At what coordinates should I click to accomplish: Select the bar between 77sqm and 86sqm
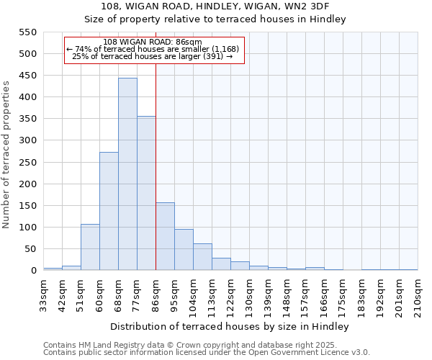(x=146, y=193)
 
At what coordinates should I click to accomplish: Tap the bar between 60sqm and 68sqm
(x=109, y=211)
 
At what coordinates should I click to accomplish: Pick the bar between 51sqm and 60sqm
(x=90, y=247)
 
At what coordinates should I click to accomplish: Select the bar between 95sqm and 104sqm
(x=184, y=250)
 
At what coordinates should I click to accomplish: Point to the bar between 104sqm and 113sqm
(x=202, y=257)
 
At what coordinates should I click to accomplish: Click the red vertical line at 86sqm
(x=156, y=166)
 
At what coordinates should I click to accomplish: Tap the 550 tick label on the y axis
(x=27, y=32)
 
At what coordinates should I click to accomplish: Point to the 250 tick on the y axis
(x=27, y=163)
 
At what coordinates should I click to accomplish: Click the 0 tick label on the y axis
(x=33, y=271)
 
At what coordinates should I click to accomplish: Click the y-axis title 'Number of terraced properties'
(x=6, y=155)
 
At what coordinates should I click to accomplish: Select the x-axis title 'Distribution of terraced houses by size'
(x=230, y=326)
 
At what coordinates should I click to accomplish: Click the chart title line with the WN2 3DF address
(x=215, y=6)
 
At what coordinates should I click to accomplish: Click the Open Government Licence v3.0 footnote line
(x=207, y=352)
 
